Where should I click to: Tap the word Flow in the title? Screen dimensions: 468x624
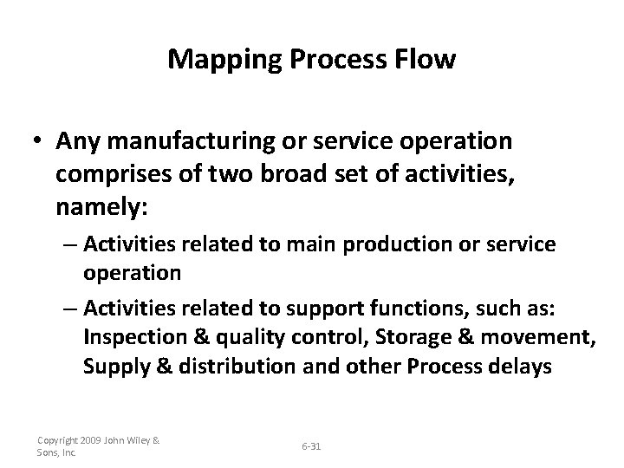tap(424, 59)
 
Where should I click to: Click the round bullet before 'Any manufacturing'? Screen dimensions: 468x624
tap(38, 140)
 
